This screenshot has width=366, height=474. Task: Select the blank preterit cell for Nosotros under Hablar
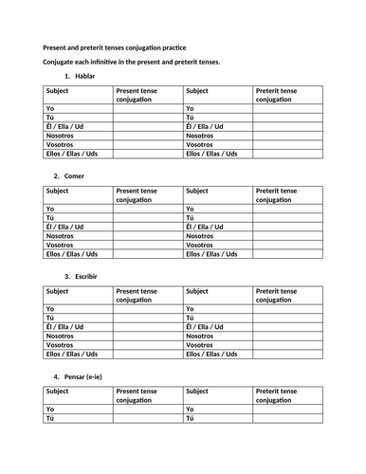[287, 135]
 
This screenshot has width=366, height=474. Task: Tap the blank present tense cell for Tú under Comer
[148, 218]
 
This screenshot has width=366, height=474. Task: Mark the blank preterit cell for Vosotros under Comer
[287, 244]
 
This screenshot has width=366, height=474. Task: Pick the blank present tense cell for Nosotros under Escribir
[148, 336]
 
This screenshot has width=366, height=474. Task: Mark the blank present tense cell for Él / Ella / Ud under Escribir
[148, 327]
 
